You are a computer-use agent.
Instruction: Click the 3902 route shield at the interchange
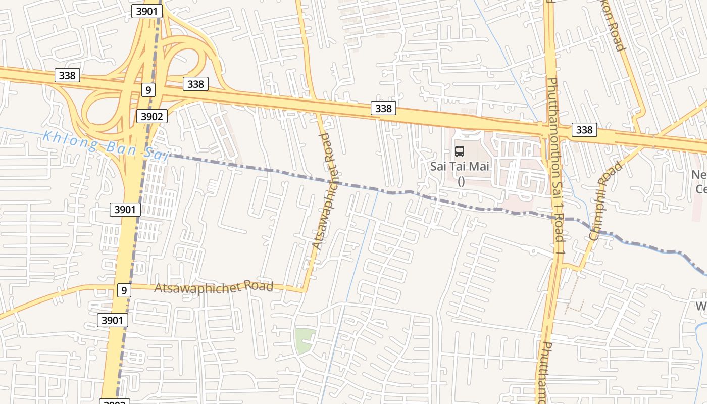151,117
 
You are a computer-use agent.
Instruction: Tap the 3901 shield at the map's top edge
146,11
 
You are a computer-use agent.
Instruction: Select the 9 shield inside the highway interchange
147,90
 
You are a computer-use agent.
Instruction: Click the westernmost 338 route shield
67,76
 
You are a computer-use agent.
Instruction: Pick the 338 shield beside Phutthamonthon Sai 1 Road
584,130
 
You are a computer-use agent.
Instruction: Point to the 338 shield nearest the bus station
383,108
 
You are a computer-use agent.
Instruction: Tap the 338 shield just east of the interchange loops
195,84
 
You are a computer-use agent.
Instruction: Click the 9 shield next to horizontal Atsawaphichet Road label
124,290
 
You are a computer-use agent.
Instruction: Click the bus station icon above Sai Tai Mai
460,151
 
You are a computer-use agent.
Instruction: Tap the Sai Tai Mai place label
460,166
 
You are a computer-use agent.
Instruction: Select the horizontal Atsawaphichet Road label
214,287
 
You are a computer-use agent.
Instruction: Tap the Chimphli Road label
605,200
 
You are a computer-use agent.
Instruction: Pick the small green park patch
305,340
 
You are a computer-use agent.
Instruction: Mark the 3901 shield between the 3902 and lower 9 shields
125,209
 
